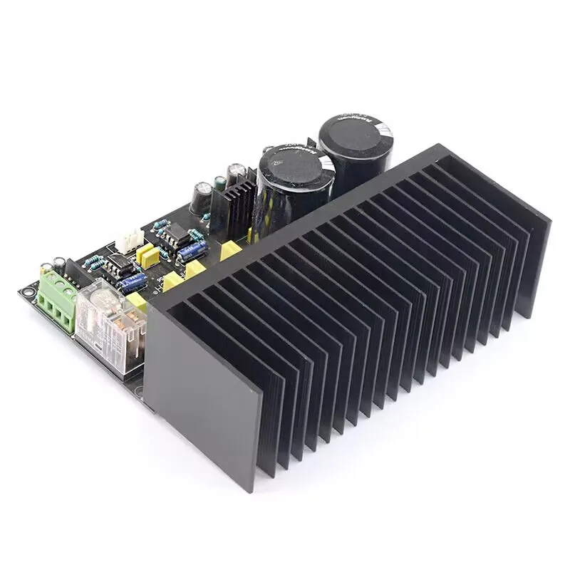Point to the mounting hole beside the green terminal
click(28, 291)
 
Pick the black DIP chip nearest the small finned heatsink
click(173, 233)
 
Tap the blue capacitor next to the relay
click(133, 283)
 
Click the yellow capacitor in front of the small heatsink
click(230, 249)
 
